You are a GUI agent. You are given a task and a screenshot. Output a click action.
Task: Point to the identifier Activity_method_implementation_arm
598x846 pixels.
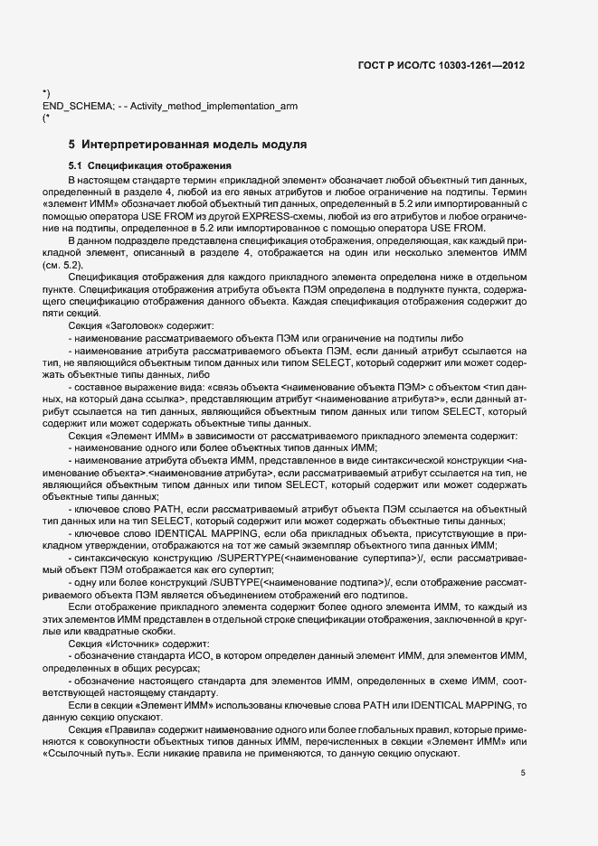point(214,107)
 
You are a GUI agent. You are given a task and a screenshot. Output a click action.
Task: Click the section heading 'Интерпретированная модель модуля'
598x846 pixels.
point(194,144)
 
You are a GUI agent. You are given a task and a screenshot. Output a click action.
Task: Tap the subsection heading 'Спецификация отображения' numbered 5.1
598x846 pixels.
point(148,166)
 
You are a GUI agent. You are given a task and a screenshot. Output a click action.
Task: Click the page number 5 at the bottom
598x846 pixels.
point(523,773)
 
